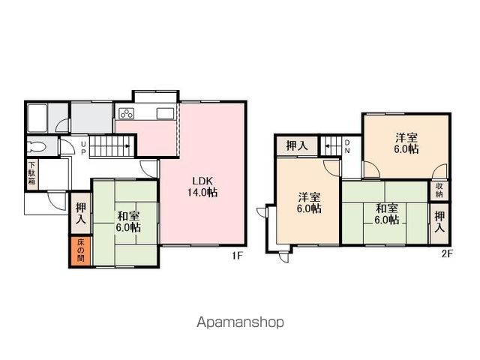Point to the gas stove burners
pos(126,115)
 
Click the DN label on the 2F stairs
pos(346,148)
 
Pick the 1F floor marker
pos(237,256)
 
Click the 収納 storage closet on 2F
pos(439,190)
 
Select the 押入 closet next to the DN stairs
pos(298,145)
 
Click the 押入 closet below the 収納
pos(439,222)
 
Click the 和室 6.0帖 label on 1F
pos(127,222)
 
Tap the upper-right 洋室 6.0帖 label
pos(407,143)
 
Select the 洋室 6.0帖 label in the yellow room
pos(310,202)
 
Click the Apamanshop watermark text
pos(240,322)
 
